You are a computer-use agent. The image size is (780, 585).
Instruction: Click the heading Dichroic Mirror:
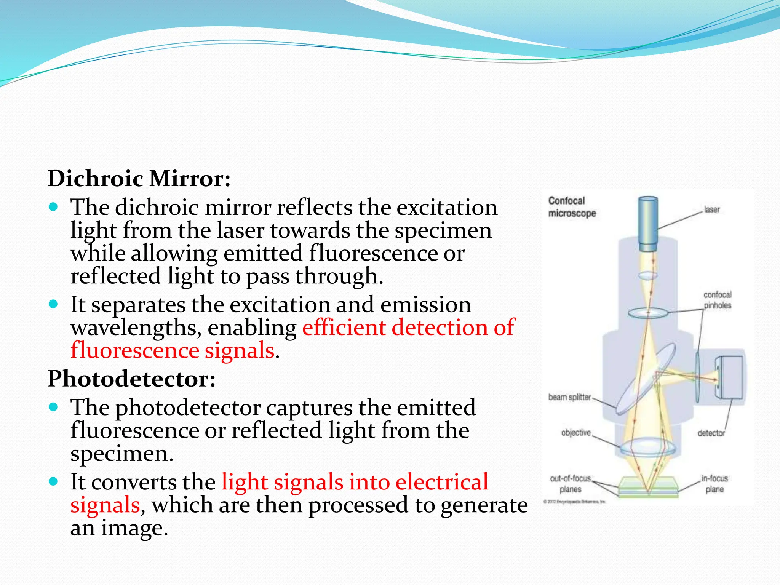(139, 178)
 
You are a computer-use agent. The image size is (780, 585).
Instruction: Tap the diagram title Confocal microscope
(571, 207)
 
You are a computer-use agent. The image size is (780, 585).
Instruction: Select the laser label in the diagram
(711, 209)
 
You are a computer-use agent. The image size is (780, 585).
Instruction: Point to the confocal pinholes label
(717, 300)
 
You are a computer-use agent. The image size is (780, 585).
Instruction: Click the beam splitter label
(569, 397)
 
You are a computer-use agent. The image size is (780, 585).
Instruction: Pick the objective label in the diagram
(575, 433)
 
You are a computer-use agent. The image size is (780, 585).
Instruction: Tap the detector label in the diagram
(711, 433)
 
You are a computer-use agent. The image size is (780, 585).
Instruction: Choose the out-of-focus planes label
(570, 484)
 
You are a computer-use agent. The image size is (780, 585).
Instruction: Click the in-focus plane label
(714, 484)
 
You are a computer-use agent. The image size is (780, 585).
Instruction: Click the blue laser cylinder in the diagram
(648, 224)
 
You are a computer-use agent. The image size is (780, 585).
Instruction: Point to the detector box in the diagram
(729, 377)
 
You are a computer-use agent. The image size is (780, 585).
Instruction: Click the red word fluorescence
(134, 350)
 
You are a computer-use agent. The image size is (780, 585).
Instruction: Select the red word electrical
(441, 482)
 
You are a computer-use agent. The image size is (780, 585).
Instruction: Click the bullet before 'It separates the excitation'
(53, 304)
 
